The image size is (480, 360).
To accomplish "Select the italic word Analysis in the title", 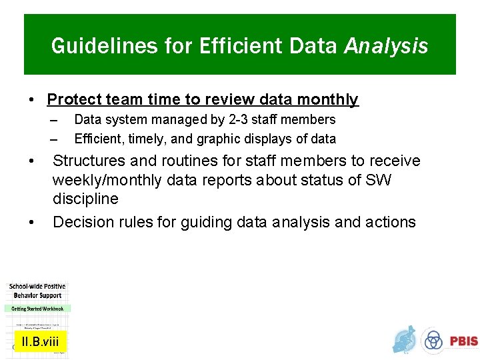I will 386,47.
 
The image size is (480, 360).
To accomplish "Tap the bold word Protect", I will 71,100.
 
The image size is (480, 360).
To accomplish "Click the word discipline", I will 85,199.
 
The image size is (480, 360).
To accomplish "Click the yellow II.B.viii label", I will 40,342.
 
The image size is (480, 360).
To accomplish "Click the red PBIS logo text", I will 463,341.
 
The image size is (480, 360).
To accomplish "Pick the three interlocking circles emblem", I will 433,341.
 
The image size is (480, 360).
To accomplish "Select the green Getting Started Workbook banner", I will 37,309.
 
